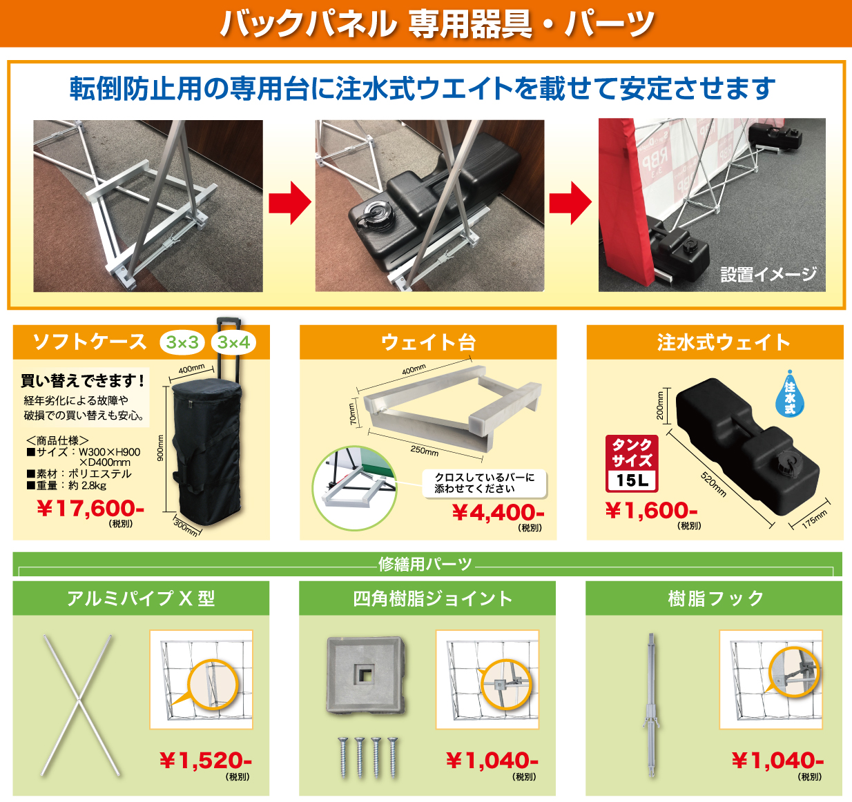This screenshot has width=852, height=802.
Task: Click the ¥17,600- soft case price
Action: point(90,509)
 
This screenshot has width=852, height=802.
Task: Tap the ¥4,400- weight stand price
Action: point(498,513)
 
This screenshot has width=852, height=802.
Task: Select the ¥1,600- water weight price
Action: point(651,511)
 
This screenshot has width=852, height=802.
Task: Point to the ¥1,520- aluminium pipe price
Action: point(205,761)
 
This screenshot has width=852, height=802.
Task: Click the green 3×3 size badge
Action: point(182,342)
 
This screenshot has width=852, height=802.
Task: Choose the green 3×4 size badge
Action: point(233,342)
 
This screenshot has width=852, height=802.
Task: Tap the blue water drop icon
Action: point(790,393)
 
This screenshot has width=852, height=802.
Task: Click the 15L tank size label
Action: point(632,480)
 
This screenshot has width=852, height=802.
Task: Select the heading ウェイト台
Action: point(428,342)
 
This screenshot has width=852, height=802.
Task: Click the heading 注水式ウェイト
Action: point(715,342)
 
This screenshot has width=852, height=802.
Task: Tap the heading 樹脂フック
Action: point(714,598)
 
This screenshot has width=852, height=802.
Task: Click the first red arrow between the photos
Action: point(289,203)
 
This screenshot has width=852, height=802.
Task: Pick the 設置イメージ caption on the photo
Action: point(768,275)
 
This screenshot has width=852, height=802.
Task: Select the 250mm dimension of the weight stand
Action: point(424,451)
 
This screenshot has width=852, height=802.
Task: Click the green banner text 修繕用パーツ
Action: point(425,565)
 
